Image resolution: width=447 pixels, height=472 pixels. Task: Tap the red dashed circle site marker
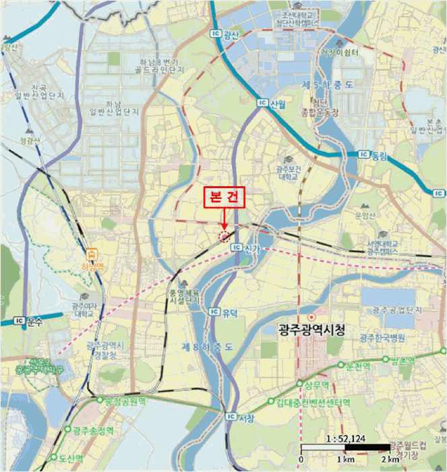pyautogui.click(x=225, y=236)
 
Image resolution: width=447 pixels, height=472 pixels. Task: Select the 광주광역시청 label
pyautogui.click(x=311, y=330)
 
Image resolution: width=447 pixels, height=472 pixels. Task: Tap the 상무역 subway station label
pyautogui.click(x=316, y=384)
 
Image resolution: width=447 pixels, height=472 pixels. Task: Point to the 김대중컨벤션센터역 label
pyautogui.click(x=313, y=403)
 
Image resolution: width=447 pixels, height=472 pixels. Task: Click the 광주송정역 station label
pyautogui.click(x=96, y=430)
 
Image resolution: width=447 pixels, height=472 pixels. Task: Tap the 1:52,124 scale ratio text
pyautogui.click(x=345, y=439)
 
